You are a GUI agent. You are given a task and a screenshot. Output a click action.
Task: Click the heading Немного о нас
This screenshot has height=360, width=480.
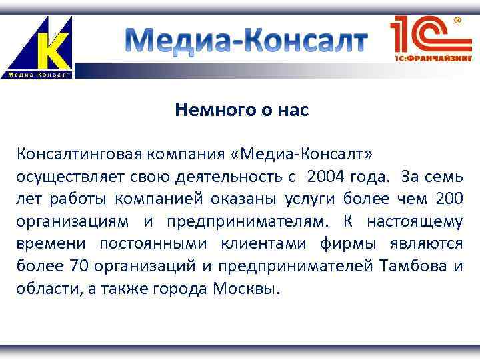click(242, 111)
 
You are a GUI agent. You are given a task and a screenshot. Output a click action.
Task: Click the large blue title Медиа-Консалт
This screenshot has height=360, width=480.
click(247, 41)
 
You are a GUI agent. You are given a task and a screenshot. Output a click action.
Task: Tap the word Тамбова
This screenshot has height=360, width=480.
click(413, 267)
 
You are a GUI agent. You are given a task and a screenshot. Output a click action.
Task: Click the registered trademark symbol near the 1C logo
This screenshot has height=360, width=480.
click(457, 21)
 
